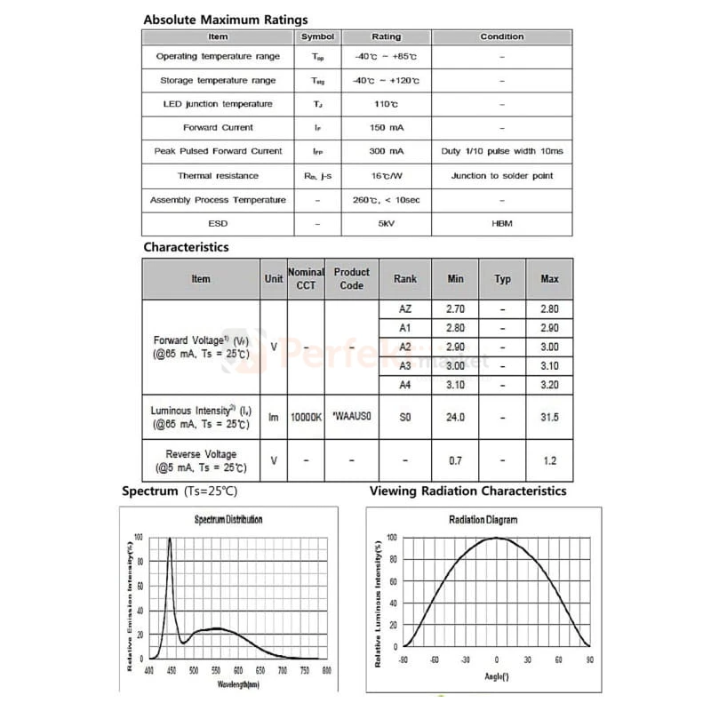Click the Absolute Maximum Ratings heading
(x=226, y=20)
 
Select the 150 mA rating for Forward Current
(x=386, y=128)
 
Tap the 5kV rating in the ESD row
(x=386, y=224)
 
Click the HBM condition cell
(x=502, y=224)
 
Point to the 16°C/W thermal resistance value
(x=386, y=176)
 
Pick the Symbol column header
(x=318, y=37)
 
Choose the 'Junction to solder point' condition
(x=502, y=176)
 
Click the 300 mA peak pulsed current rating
(x=386, y=152)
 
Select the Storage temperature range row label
(x=218, y=80)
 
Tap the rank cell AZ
(x=404, y=309)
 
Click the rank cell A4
(x=404, y=386)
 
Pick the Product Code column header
(x=352, y=279)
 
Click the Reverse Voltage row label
(x=201, y=460)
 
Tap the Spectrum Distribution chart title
(x=228, y=520)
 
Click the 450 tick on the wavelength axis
(x=171, y=671)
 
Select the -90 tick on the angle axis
(x=403, y=660)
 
